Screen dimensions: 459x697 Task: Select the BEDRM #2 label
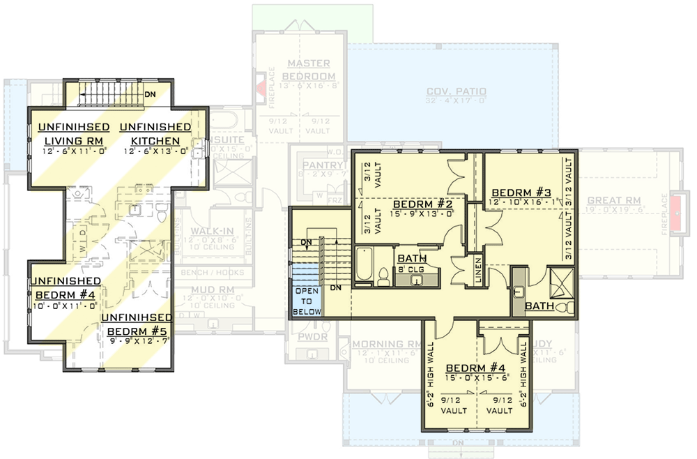coord(422,204)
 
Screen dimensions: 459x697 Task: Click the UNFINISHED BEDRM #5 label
coord(136,323)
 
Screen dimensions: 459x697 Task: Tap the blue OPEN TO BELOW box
coord(307,301)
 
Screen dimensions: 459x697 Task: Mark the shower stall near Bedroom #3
coord(562,283)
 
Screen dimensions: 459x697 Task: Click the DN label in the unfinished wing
coord(150,95)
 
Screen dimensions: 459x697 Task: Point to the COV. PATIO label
coord(457,92)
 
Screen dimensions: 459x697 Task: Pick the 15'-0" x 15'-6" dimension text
coord(476,377)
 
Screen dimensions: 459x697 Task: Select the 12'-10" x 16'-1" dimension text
coord(525,202)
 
